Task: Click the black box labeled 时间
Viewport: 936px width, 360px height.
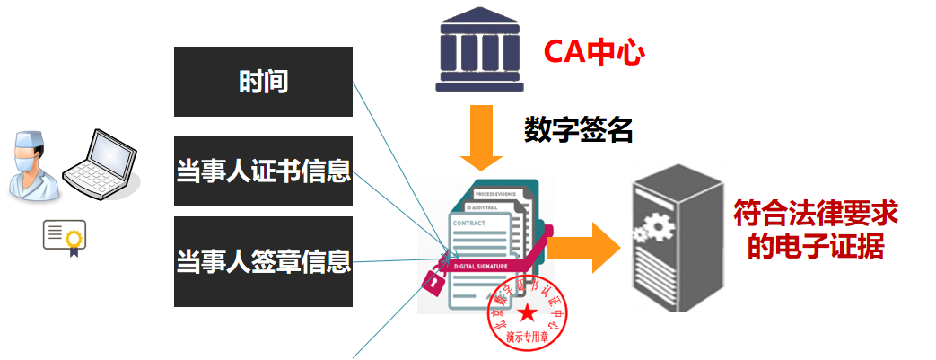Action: pos(263,82)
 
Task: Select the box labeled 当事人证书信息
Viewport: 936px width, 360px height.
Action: pos(263,171)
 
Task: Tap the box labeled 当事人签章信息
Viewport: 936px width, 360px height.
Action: pos(263,262)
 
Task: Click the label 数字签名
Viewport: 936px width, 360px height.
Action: pos(579,131)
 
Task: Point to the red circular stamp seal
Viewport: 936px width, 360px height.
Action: pos(527,314)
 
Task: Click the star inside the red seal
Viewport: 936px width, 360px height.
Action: pos(528,313)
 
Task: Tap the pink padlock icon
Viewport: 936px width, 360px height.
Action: pos(432,280)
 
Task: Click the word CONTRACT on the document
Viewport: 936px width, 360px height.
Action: pos(470,223)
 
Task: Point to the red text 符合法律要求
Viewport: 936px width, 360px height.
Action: pos(816,215)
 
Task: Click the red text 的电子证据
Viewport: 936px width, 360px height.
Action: pos(816,246)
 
